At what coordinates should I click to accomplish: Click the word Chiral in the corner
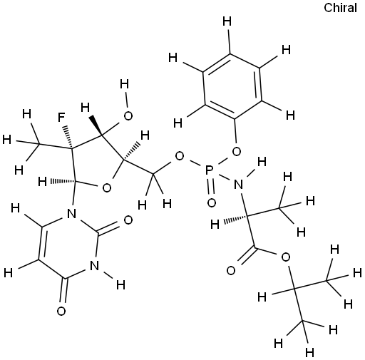pyautogui.click(x=340, y=8)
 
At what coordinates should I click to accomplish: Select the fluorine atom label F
pyautogui.click(x=62, y=118)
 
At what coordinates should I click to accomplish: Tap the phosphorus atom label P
pyautogui.click(x=209, y=170)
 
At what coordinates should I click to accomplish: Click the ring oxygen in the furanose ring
pyautogui.click(x=107, y=187)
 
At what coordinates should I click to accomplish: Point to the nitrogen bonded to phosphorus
pyautogui.click(x=239, y=185)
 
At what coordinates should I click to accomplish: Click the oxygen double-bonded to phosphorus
pyautogui.click(x=211, y=202)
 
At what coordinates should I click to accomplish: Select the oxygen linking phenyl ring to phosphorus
pyautogui.click(x=236, y=151)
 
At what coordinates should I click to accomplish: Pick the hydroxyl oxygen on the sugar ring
pyautogui.click(x=128, y=115)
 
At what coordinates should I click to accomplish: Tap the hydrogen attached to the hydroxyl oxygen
pyautogui.click(x=125, y=84)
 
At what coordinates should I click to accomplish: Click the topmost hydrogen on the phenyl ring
pyautogui.click(x=227, y=21)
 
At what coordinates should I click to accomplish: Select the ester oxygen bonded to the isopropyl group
pyautogui.click(x=285, y=257)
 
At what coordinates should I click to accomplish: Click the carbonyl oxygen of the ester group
pyautogui.click(x=231, y=270)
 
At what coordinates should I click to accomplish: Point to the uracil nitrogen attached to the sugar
pyautogui.click(x=71, y=214)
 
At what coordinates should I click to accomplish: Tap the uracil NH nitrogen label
pyautogui.click(x=95, y=265)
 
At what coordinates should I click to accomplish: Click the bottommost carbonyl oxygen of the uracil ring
pyautogui.click(x=61, y=311)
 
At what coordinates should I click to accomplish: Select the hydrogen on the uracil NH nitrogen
pyautogui.click(x=120, y=284)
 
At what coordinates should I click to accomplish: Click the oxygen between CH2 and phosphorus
pyautogui.click(x=179, y=156)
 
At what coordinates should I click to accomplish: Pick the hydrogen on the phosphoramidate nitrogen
pyautogui.click(x=262, y=162)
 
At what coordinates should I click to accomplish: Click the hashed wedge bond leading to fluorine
pyautogui.click(x=68, y=137)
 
